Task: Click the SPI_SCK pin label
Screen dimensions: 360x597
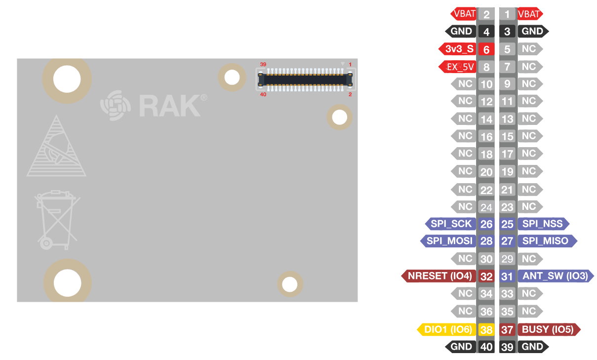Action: (450, 224)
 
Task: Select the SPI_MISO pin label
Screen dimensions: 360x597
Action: (546, 241)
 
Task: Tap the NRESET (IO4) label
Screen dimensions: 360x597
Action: (439, 276)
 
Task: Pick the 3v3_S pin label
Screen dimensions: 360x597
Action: (458, 49)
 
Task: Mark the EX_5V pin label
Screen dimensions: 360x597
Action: (458, 67)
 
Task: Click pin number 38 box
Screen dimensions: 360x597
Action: (486, 329)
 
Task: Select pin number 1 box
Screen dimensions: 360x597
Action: (507, 14)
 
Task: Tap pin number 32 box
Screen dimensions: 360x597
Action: (486, 276)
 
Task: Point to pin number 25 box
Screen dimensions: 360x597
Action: (507, 224)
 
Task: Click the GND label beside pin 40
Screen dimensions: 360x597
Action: (461, 347)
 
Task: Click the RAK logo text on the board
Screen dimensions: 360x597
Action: (169, 105)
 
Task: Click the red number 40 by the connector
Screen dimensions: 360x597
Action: (263, 94)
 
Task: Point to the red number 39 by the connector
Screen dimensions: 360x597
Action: (263, 64)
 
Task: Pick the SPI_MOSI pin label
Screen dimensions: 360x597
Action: (448, 241)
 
